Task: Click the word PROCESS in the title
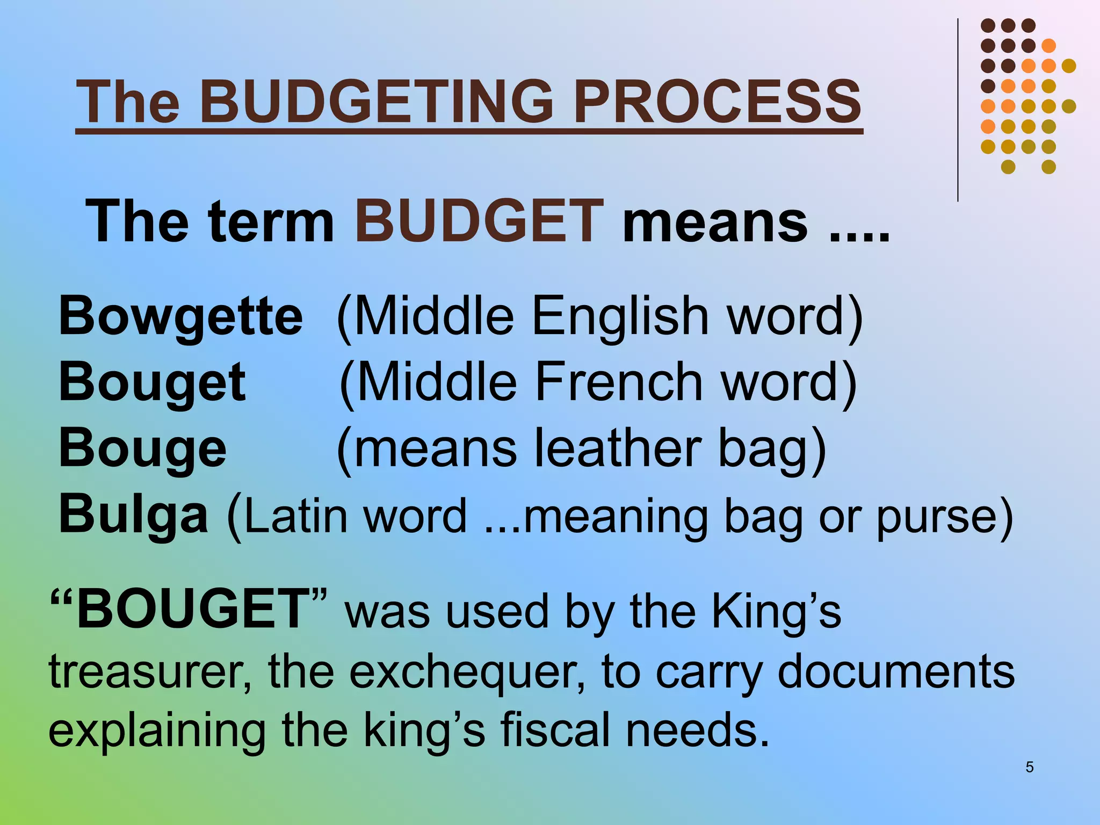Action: [x=717, y=101]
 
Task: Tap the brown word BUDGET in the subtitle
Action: [x=479, y=221]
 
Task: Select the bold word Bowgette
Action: [x=180, y=317]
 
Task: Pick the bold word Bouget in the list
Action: [x=152, y=382]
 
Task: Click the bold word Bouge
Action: [x=142, y=449]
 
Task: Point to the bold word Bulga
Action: [x=133, y=515]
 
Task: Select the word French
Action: [x=619, y=382]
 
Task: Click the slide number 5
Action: [x=1029, y=767]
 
